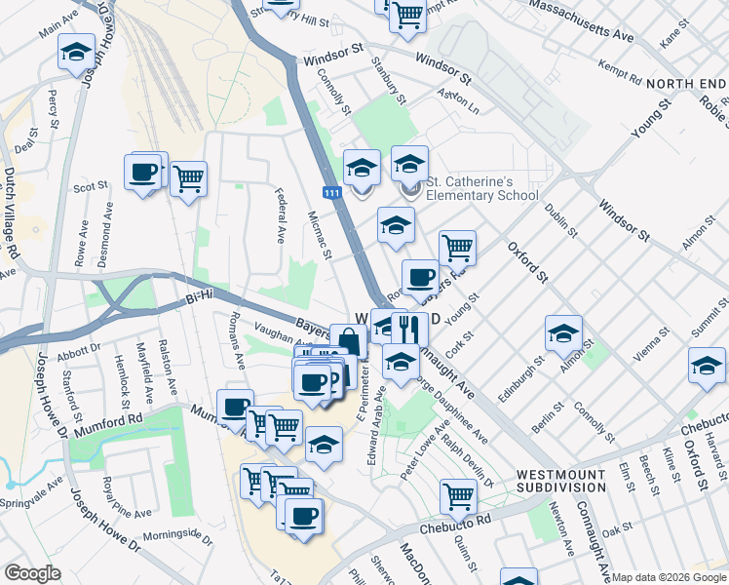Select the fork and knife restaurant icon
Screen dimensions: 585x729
[410, 330]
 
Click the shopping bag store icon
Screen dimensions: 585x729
[348, 341]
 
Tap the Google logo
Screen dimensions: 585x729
[32, 573]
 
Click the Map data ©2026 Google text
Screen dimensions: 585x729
[669, 577]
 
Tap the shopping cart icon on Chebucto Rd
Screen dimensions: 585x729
[458, 495]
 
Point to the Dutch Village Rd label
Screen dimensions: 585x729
[11, 211]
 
